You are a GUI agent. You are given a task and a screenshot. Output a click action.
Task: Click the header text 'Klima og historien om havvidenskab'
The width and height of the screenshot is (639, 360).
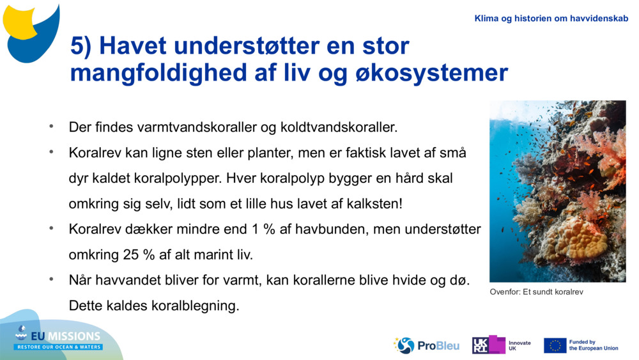coord(551,19)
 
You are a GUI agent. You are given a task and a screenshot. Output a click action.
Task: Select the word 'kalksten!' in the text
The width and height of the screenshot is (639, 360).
coord(374,204)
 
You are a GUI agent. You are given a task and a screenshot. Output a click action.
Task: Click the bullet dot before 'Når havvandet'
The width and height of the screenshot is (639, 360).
coord(51,279)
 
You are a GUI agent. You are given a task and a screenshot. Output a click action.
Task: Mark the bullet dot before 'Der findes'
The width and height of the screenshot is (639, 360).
coord(51,126)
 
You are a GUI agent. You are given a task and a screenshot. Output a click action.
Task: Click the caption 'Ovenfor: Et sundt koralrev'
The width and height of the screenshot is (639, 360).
coord(537,292)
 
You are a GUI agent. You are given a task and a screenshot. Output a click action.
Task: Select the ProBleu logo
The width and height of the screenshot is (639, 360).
coord(427,345)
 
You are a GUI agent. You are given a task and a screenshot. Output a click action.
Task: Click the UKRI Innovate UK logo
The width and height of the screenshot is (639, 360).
coord(501,345)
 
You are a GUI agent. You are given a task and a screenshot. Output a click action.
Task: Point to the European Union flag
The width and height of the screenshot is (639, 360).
coord(555,345)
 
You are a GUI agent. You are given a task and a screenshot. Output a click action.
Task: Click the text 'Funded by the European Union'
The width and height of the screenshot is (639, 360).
coord(593,345)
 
